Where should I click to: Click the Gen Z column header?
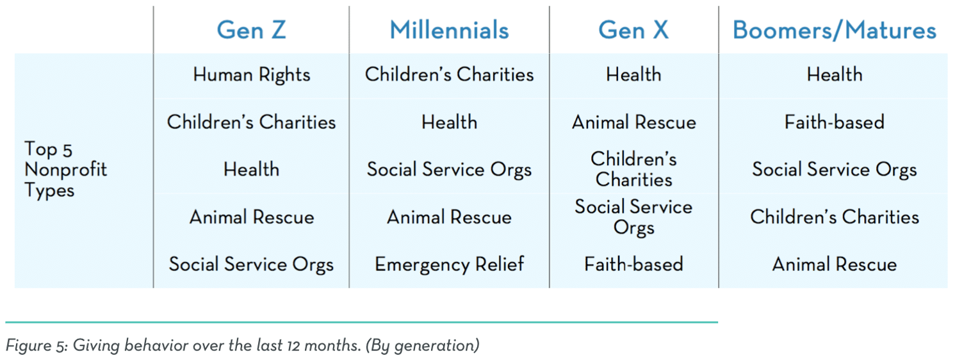pyautogui.click(x=251, y=30)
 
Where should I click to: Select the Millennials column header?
pyautogui.click(x=450, y=30)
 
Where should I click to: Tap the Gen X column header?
pyautogui.click(x=633, y=30)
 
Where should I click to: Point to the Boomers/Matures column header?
pyautogui.click(x=835, y=30)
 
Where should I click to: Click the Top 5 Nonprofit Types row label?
pyautogui.click(x=66, y=169)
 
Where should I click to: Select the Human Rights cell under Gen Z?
pyautogui.click(x=252, y=75)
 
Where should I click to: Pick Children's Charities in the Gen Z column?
pyautogui.click(x=252, y=122)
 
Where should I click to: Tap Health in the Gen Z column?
pyautogui.click(x=252, y=169)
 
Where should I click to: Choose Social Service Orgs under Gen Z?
pyautogui.click(x=252, y=265)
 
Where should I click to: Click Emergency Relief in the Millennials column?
pyautogui.click(x=450, y=265)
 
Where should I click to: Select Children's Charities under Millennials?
pyautogui.click(x=450, y=75)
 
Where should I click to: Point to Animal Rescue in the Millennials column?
pyautogui.click(x=450, y=217)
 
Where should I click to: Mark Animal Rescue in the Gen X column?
pyautogui.click(x=634, y=122)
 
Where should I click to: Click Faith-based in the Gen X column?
pyautogui.click(x=634, y=265)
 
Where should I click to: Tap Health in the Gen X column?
pyautogui.click(x=634, y=75)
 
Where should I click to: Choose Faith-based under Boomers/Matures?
pyautogui.click(x=835, y=122)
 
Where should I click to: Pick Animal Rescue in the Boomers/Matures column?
pyautogui.click(x=835, y=265)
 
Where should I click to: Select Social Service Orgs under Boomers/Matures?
pyautogui.click(x=835, y=170)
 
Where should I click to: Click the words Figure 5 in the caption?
pyautogui.click(x=37, y=345)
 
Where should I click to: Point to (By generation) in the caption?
pyautogui.click(x=423, y=345)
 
